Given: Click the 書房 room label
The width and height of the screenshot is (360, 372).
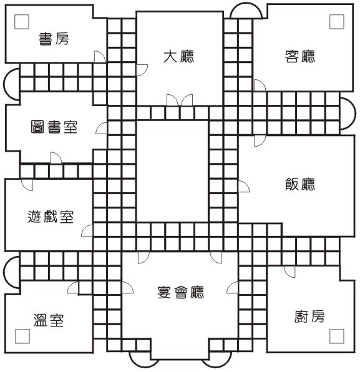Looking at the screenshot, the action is [54, 39].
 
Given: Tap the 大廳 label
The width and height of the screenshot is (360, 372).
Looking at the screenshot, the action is [178, 56].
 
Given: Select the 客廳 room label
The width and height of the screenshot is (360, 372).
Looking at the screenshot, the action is [300, 56].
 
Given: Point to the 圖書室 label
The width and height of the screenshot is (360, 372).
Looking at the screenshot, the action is [54, 127].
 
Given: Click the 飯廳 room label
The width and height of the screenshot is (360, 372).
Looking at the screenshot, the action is [300, 184].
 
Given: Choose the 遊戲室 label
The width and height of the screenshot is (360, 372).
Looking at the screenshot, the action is [51, 217].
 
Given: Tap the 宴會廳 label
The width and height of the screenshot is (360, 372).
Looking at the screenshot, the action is [180, 292].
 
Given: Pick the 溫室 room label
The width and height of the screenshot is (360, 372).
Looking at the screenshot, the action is [49, 320].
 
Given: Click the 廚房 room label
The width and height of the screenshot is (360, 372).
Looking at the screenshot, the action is [309, 316].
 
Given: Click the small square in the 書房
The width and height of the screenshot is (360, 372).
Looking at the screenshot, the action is [22, 22].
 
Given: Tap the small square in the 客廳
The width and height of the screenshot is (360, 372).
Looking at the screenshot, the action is [337, 22].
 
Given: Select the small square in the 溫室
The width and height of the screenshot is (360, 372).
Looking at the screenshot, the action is [22, 336].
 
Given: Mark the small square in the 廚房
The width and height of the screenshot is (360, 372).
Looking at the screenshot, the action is [337, 336].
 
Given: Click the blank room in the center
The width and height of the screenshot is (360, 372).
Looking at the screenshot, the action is [172, 172].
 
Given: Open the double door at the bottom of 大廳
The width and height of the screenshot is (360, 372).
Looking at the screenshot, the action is [180, 100].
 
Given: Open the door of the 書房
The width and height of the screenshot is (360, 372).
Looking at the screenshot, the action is [100, 56].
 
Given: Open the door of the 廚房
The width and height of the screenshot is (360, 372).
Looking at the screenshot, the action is [289, 272].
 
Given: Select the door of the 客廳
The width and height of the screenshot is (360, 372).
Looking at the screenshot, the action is [260, 85].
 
